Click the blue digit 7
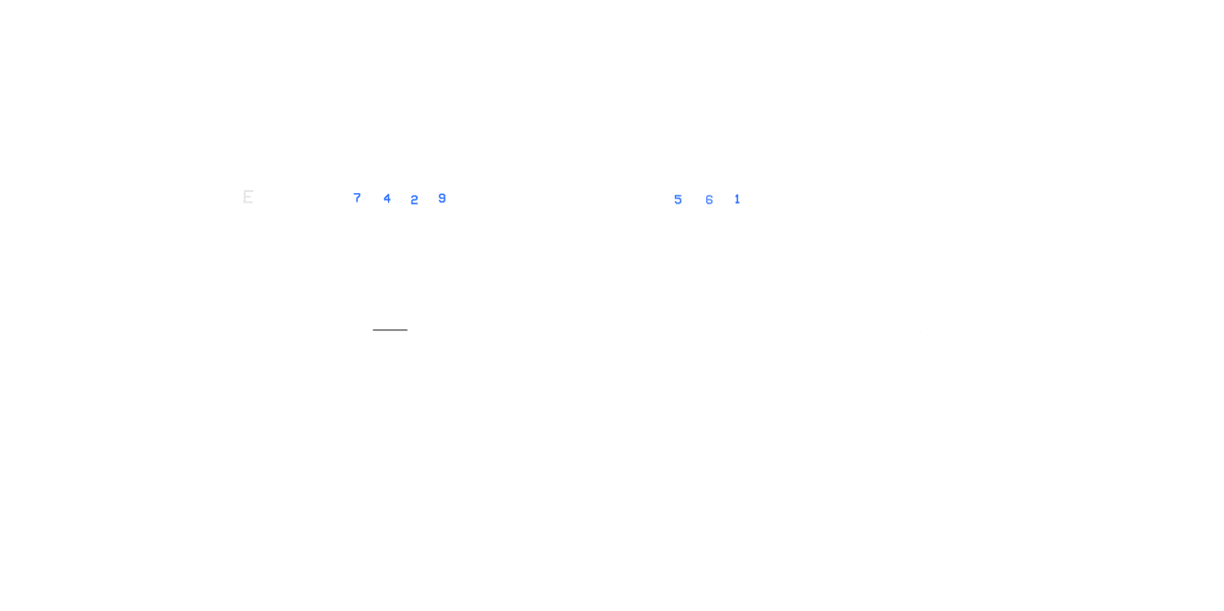pos(357,198)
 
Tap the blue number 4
pos(387,199)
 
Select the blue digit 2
pos(414,200)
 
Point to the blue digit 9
pos(442,199)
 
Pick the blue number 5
pos(678,200)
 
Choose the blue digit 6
pos(709,200)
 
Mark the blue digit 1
pos(737,200)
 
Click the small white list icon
pos(248,196)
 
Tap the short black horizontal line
pos(390,330)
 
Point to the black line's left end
pos(374,330)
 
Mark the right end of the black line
pos(407,330)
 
